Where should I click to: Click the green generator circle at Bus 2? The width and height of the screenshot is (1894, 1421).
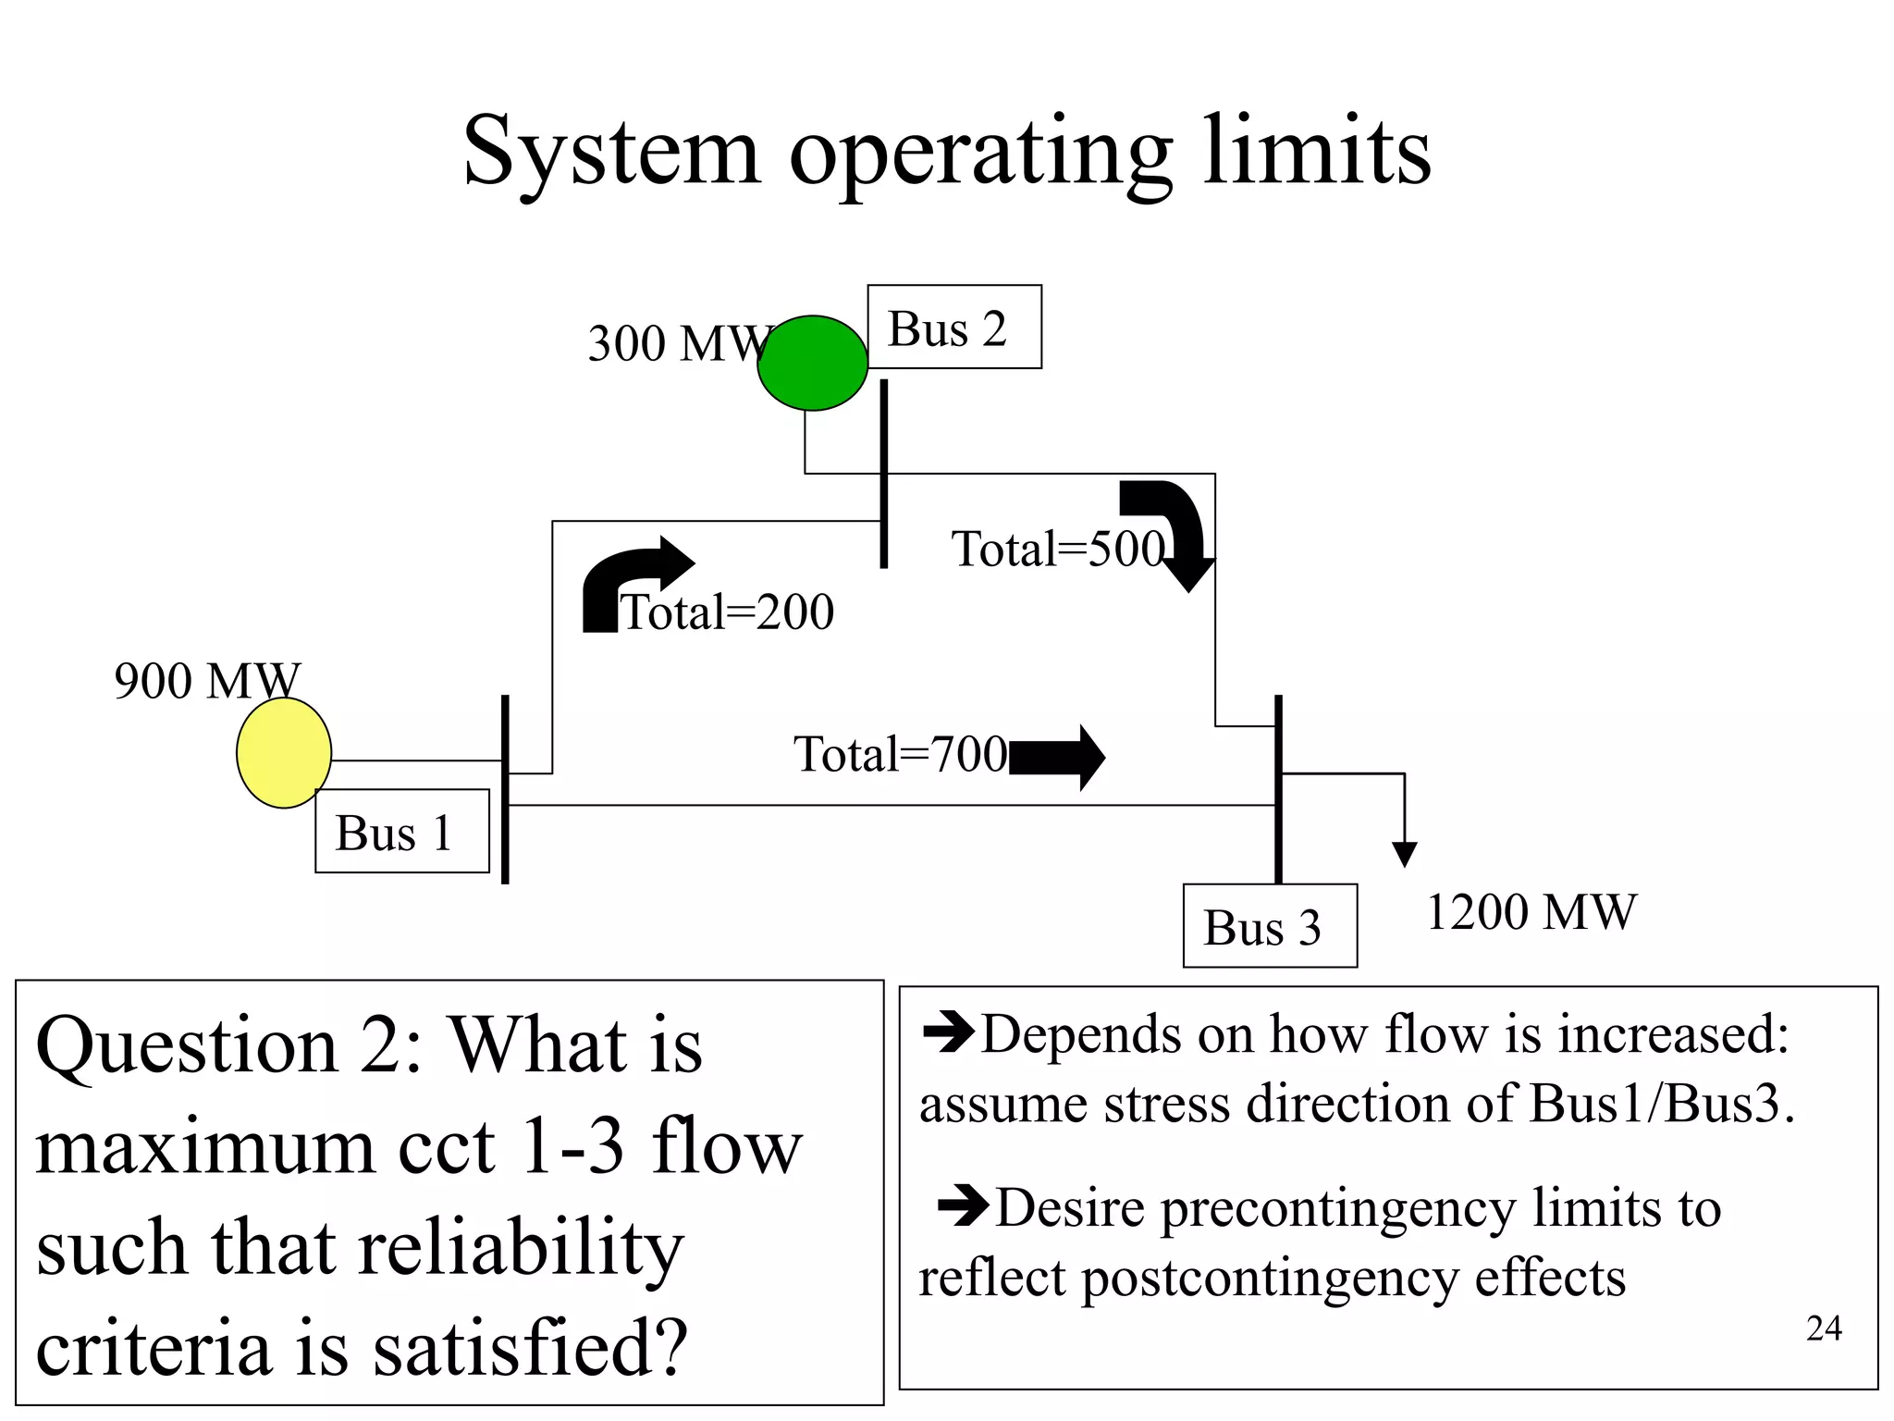click(x=812, y=363)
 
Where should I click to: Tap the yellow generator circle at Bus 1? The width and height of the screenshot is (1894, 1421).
click(x=284, y=752)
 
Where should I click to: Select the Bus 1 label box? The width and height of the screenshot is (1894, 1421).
click(x=401, y=831)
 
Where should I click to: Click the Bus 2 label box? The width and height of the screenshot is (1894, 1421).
click(x=953, y=327)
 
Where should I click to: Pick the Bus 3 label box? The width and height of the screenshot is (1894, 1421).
click(x=1269, y=926)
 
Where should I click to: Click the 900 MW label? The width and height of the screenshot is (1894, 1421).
click(x=207, y=680)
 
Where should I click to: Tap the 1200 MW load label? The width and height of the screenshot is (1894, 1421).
click(x=1531, y=912)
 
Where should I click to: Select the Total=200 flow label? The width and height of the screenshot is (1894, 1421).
click(x=727, y=612)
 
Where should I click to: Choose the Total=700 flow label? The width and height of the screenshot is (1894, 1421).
click(x=900, y=754)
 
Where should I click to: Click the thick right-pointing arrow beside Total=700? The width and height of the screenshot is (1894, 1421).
click(x=1057, y=758)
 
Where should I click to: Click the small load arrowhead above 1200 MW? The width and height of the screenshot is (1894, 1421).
click(x=1404, y=854)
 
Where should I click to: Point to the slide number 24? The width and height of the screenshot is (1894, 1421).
click(x=1823, y=1328)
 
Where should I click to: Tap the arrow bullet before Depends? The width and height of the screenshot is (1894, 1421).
click(x=949, y=1032)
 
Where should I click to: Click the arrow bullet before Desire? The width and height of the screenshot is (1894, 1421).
click(x=964, y=1206)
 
